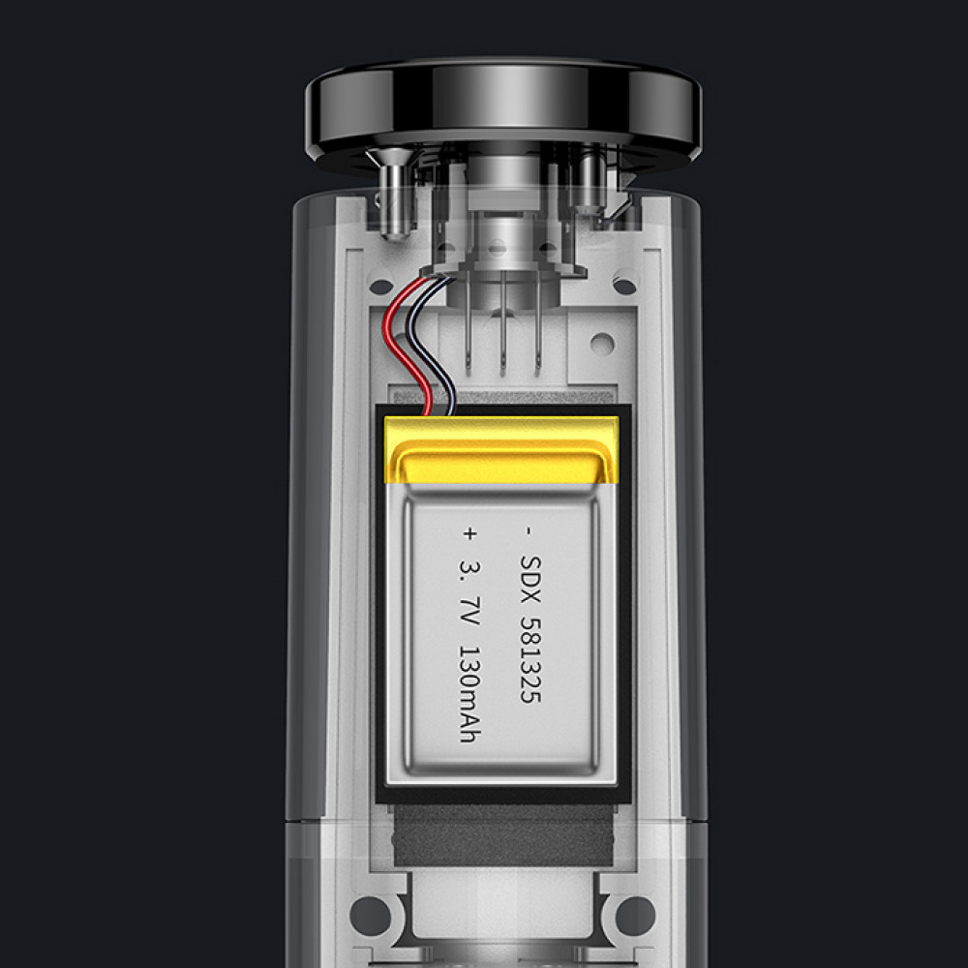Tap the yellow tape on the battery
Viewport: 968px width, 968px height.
pos(501,449)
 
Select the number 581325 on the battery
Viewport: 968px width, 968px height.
pos(530,660)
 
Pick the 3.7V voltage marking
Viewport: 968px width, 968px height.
pos(469,592)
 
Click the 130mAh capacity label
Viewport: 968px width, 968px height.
pos(469,693)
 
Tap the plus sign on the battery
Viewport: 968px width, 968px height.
pos(469,532)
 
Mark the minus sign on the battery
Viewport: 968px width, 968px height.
pos(528,530)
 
